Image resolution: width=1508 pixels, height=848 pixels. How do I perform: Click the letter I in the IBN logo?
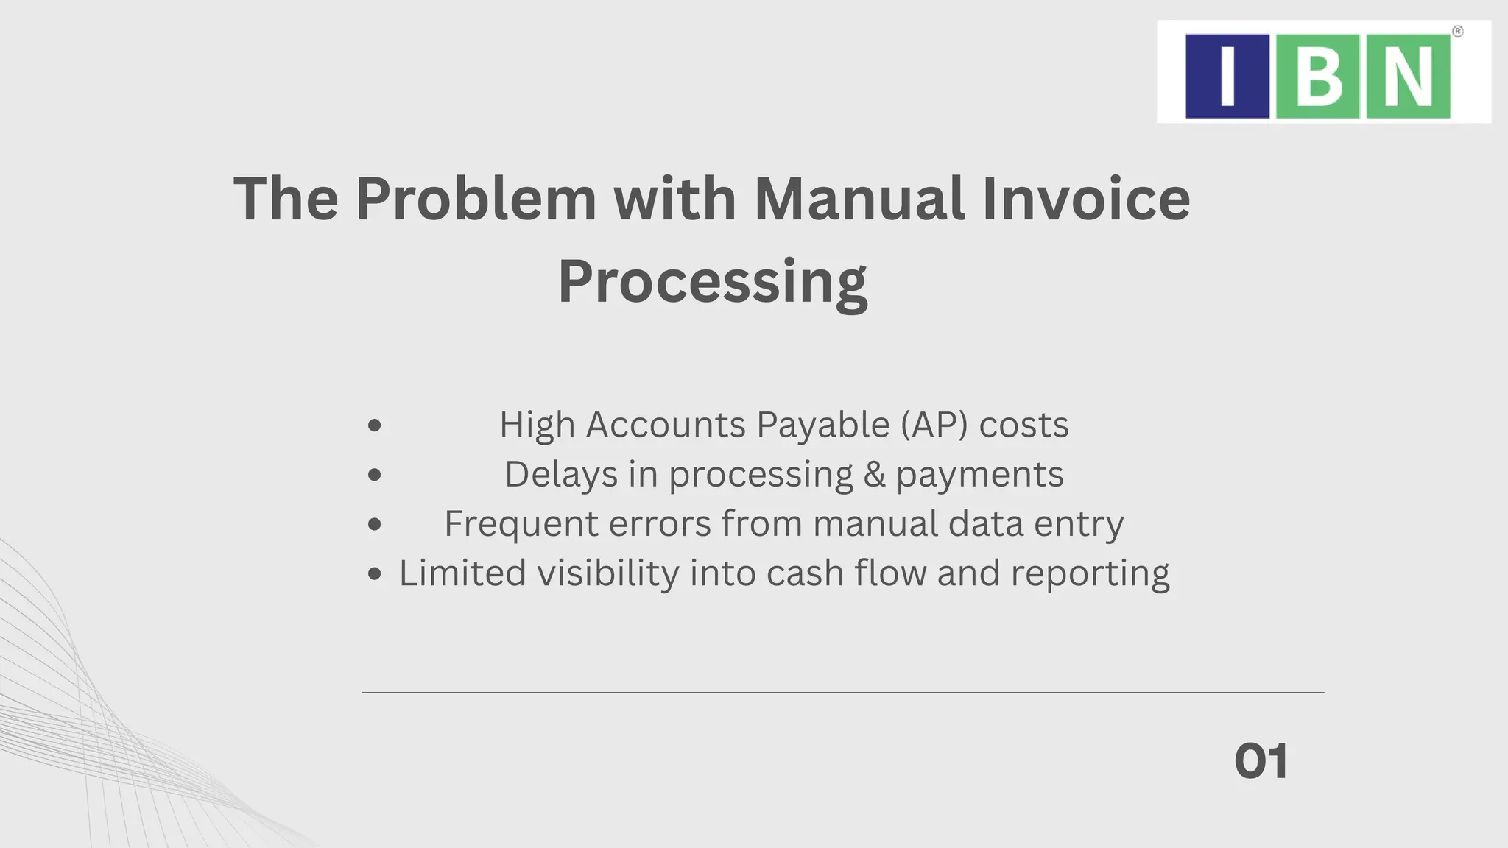[x=1227, y=76]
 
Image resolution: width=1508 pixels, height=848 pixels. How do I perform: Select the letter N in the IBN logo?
[x=1408, y=76]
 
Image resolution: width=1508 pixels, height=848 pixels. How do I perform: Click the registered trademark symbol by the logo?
[x=1457, y=32]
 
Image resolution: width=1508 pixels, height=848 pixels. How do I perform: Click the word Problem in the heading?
[x=476, y=199]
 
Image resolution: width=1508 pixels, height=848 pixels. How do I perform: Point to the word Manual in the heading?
[x=859, y=199]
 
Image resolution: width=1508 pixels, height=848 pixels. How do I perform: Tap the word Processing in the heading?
[x=713, y=283]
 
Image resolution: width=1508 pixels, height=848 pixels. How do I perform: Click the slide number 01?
[x=1261, y=761]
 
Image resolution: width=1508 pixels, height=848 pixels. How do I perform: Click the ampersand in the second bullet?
[x=874, y=474]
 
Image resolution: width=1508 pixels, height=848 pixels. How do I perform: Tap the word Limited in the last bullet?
[x=462, y=573]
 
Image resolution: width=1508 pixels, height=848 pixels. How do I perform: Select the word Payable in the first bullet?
[x=822, y=425]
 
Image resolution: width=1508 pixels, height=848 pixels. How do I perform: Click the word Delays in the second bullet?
[x=560, y=474]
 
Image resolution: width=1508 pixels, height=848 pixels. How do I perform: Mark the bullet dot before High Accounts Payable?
[x=375, y=425]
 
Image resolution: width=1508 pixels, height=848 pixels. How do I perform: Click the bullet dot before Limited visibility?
[x=375, y=573]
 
